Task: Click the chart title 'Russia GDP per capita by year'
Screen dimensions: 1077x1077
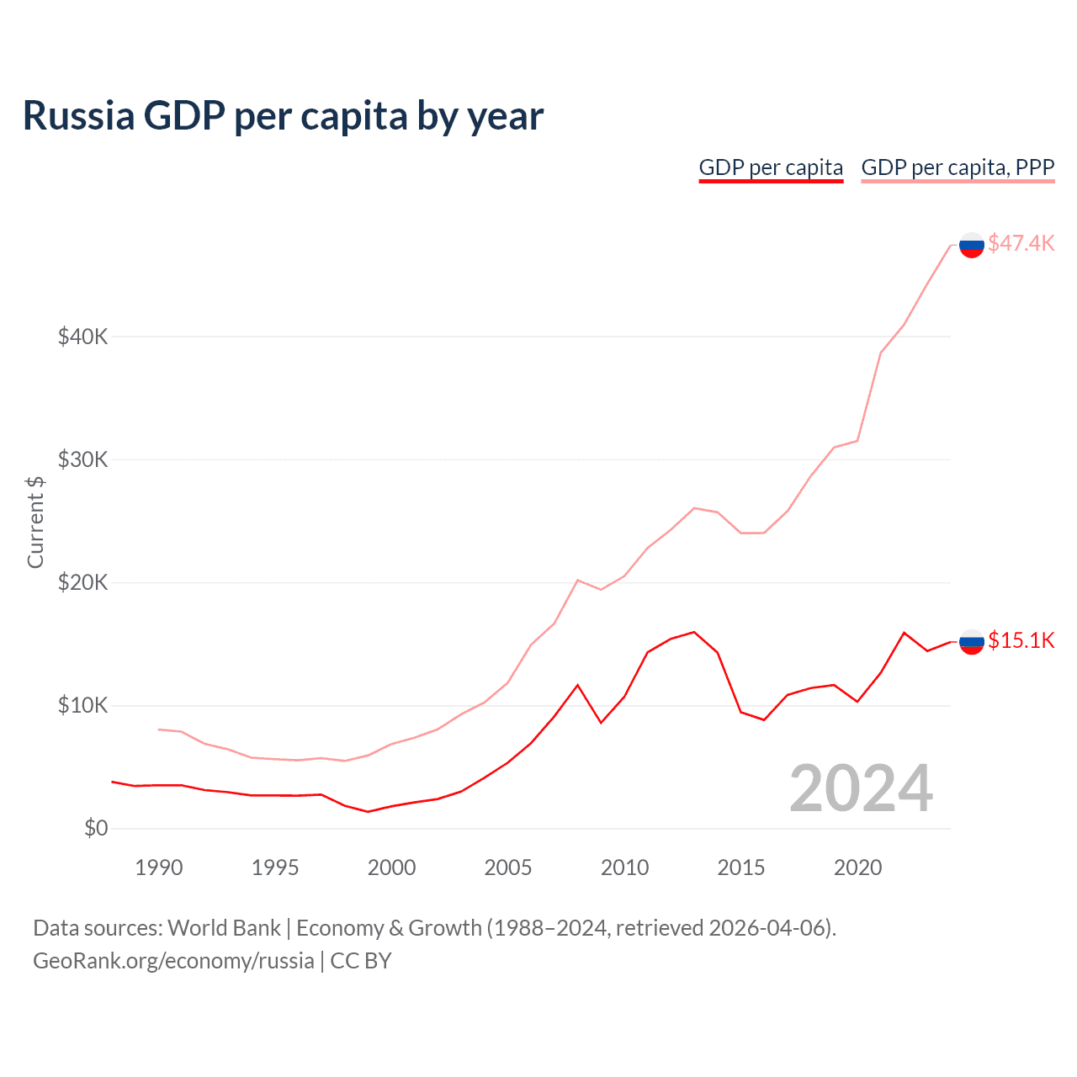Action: point(283,116)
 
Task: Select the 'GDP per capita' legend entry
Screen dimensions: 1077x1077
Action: point(771,167)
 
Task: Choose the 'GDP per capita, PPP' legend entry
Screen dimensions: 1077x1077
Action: point(958,167)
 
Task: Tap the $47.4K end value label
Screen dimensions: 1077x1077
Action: point(1021,243)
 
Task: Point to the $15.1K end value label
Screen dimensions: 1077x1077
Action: point(1021,640)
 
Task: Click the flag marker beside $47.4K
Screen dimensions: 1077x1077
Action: point(972,245)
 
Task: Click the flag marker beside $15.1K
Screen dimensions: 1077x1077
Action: point(972,642)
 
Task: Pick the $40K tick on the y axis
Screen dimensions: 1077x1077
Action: point(82,337)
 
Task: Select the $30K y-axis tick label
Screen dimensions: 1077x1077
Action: point(82,459)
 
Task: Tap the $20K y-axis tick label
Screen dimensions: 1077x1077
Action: point(82,582)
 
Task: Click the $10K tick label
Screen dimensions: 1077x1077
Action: point(82,705)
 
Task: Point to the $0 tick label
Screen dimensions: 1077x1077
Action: point(96,828)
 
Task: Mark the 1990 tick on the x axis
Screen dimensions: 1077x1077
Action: point(159,867)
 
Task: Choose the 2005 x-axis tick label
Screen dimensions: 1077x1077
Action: point(508,867)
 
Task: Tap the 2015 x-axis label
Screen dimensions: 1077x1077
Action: point(741,867)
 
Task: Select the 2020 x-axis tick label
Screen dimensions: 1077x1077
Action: point(857,867)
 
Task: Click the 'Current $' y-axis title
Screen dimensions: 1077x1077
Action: point(35,522)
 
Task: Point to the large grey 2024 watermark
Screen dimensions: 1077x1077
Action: point(861,788)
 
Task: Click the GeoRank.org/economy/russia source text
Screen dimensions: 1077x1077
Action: point(173,961)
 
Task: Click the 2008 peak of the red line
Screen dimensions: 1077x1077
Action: point(577,685)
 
